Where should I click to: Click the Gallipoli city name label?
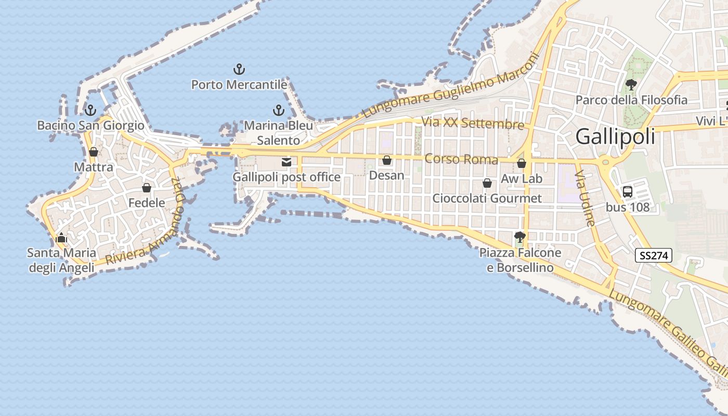[615, 137]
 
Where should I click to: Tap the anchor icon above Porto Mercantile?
[239, 69]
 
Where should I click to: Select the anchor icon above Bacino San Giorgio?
[90, 110]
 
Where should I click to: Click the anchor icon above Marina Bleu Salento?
[279, 110]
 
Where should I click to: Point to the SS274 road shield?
[654, 255]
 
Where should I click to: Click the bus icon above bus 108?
[628, 191]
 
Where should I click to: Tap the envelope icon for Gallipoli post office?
[286, 162]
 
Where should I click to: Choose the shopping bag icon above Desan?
[386, 160]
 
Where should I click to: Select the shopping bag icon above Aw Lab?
[522, 164]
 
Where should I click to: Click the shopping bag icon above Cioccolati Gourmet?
[487, 183]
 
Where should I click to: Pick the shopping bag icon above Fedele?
[147, 188]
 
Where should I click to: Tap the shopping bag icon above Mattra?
[94, 152]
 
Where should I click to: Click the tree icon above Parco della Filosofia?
[631, 84]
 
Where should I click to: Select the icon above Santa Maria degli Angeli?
[61, 238]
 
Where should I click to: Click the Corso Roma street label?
[461, 159]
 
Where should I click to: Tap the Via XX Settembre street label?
[473, 123]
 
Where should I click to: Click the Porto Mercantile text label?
[239, 84]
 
